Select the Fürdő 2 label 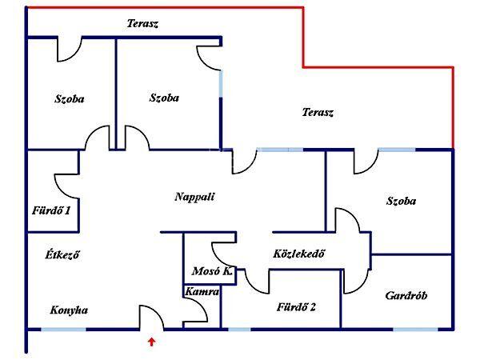[x=297, y=306]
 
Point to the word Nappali [x=194, y=196]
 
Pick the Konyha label [x=69, y=310]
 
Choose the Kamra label [x=202, y=292]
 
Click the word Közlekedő [x=298, y=254]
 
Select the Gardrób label [x=406, y=295]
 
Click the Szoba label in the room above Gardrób [x=401, y=201]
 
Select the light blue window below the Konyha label [x=63, y=329]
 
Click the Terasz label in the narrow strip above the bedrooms [x=142, y=23]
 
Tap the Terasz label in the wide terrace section [x=318, y=113]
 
